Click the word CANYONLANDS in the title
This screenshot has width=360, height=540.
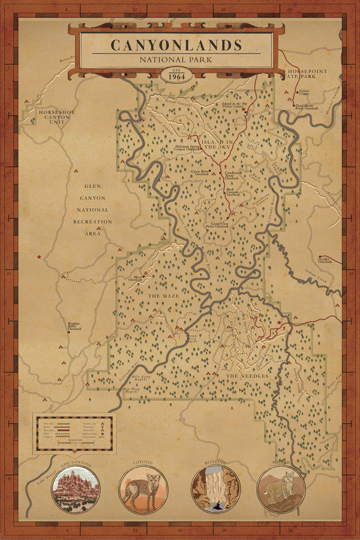176,46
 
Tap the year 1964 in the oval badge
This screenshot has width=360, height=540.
176,76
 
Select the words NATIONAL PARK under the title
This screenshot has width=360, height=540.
176,59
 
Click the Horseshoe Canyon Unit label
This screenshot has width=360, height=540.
55,117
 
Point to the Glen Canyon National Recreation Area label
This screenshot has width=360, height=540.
92,209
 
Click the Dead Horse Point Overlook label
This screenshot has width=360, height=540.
308,107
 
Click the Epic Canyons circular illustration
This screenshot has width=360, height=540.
76,490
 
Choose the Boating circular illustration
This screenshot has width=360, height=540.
216,490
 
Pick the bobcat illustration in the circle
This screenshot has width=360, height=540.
281,490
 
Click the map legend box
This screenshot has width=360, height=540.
73,433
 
